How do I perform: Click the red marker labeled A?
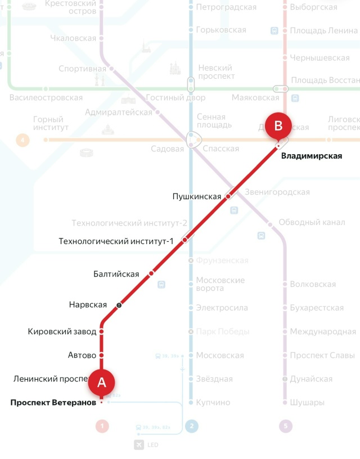tap(102, 382)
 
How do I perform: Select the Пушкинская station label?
tap(196, 196)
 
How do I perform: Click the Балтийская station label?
tap(116, 274)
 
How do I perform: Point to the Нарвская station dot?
tap(119, 305)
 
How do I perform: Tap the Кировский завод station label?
tap(62, 332)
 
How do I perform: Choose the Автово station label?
tap(82, 355)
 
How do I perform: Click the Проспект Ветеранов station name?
tap(53, 402)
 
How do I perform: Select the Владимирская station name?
tap(312, 156)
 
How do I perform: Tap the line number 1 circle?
tap(102, 426)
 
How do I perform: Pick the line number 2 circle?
tap(191, 426)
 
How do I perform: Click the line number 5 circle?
tap(286, 426)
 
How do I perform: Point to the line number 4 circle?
tap(22, 139)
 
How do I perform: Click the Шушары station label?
tap(307, 403)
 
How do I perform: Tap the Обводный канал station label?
tap(312, 222)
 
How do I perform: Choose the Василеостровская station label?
tap(46, 98)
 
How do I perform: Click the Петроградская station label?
tap(226, 7)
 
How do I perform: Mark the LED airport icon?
tap(139, 445)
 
